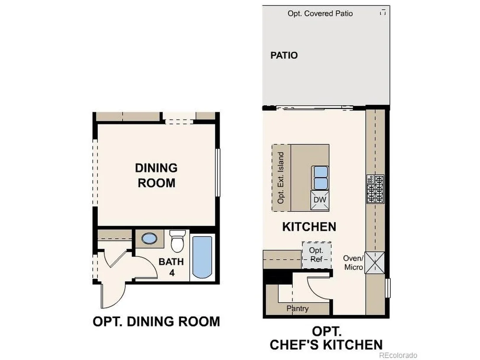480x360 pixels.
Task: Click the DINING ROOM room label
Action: [156, 175]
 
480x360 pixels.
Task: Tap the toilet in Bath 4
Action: [177, 240]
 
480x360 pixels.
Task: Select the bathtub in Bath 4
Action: [202, 257]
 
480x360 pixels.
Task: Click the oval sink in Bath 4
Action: [149, 238]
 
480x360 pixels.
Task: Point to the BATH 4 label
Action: [171, 267]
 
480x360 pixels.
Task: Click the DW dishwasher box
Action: [320, 200]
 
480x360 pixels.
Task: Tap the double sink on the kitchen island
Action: [320, 178]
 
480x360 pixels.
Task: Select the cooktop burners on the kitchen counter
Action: [375, 189]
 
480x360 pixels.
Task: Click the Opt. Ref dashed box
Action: [317, 255]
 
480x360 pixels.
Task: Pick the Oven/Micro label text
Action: [353, 263]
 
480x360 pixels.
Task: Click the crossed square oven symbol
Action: [375, 263]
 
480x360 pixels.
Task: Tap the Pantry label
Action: [298, 308]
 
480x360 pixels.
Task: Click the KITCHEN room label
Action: [309, 227]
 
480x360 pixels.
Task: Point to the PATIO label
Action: [284, 55]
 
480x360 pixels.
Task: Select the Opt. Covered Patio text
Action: [320, 13]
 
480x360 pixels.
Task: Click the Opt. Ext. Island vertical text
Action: [281, 178]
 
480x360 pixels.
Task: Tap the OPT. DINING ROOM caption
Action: [156, 321]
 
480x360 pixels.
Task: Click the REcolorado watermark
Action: [398, 355]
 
